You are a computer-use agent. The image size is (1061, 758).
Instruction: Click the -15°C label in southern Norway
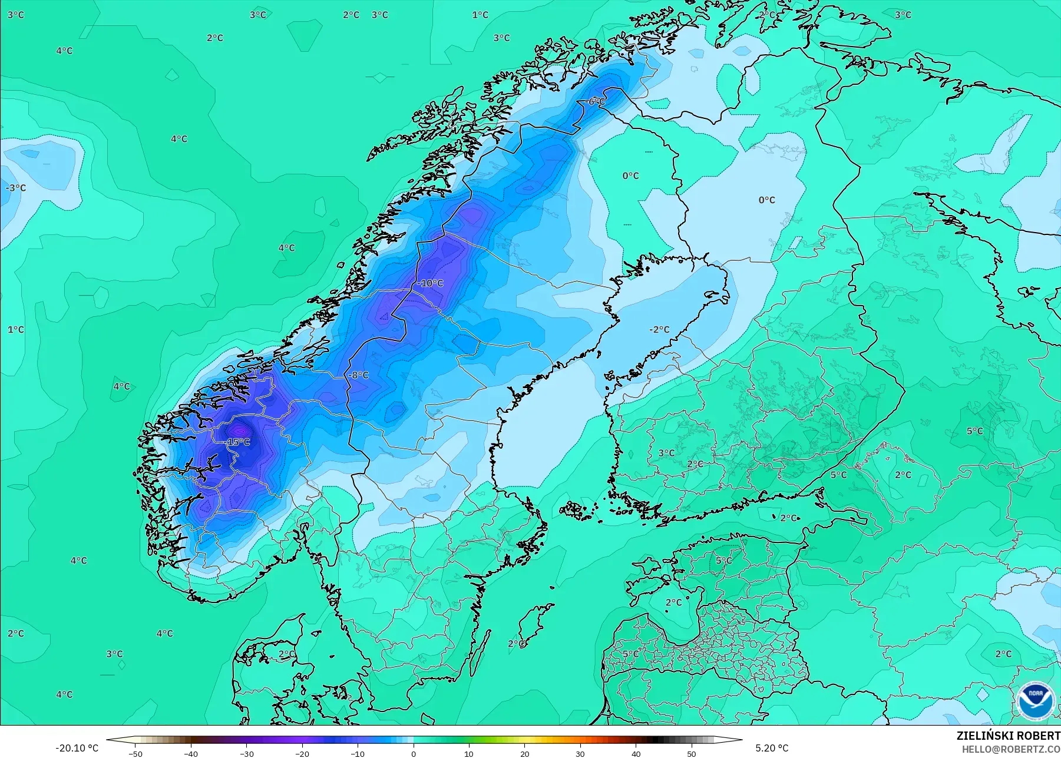coord(239,442)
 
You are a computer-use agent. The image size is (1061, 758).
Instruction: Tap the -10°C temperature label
coord(430,283)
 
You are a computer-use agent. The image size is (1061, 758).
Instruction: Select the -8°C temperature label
coord(358,375)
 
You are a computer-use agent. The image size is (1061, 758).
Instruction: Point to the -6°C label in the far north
coord(595,102)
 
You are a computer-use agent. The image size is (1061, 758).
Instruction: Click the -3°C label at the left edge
coord(16,188)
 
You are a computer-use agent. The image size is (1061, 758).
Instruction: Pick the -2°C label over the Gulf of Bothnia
coord(659,330)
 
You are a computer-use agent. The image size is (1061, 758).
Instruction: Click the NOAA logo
coord(1035,700)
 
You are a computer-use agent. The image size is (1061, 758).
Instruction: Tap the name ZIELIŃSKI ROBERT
coord(1008,736)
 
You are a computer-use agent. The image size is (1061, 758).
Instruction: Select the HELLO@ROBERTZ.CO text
coord(1011,749)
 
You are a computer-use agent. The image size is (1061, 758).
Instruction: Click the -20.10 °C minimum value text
coord(77,748)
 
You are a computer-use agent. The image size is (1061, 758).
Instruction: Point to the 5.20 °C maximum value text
coord(772,748)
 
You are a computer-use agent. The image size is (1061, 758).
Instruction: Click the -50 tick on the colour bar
coord(135,754)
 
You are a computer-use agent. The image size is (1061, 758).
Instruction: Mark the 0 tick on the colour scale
coord(414,754)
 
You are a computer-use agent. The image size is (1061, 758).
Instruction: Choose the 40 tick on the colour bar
coord(636,754)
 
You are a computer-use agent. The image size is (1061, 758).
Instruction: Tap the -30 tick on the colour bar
coord(247,754)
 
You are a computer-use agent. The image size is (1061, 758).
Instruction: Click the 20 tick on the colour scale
coord(525,754)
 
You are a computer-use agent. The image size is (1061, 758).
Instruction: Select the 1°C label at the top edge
coord(480,15)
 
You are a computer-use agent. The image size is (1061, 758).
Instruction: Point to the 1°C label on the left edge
coord(16,330)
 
